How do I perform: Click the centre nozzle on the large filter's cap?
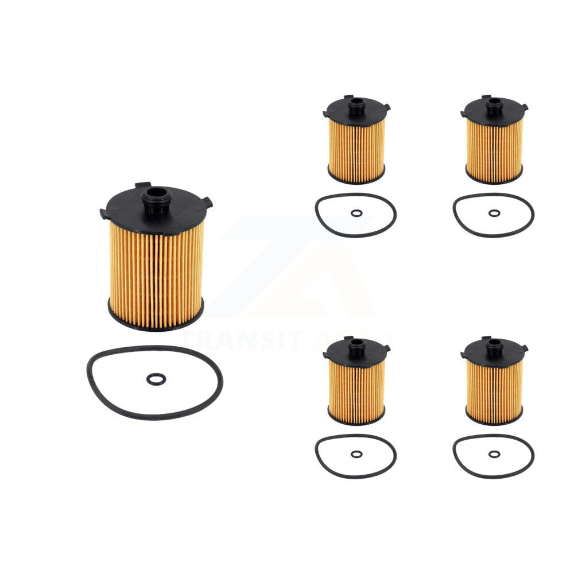[x=157, y=198]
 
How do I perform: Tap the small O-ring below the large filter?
[x=156, y=379]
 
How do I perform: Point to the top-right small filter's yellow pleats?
[x=494, y=149]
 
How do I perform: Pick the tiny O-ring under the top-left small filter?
[x=356, y=213]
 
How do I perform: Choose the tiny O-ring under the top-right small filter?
[x=494, y=213]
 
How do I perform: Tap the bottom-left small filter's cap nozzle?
[x=356, y=345]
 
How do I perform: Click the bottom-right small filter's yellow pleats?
[x=494, y=390]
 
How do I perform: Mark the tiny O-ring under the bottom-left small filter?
[x=356, y=454]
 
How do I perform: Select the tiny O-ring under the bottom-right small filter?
[x=494, y=454]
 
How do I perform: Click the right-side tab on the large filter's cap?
[x=207, y=202]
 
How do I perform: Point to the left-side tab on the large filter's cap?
[x=104, y=214]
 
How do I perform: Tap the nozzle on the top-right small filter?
[x=494, y=105]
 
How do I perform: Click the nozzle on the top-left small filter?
[x=356, y=105]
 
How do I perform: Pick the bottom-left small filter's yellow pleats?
[x=356, y=390]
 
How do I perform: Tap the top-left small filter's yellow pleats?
[x=356, y=149]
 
